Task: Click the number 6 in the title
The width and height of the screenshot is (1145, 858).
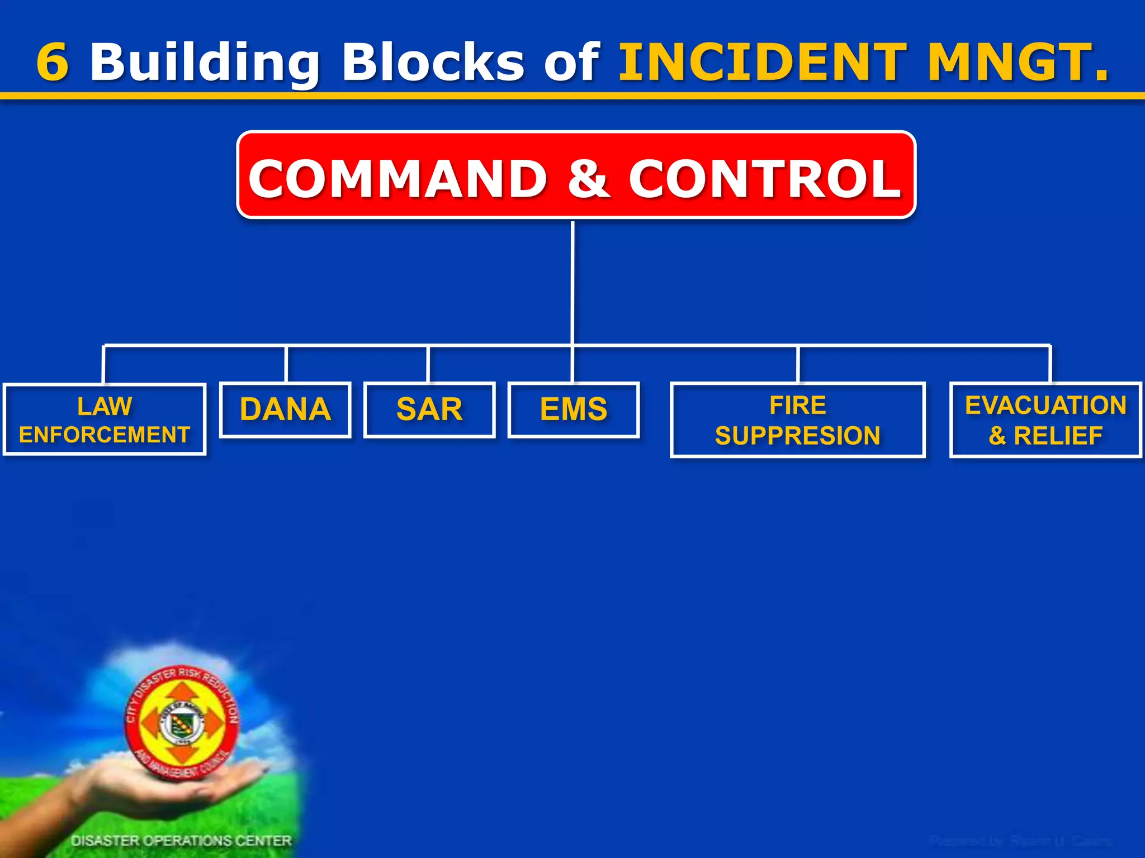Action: tap(53, 62)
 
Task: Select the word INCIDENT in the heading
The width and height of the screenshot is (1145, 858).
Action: tap(763, 62)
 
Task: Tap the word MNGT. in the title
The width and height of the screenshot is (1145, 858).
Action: tap(1018, 62)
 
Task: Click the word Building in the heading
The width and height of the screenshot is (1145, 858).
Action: tap(205, 63)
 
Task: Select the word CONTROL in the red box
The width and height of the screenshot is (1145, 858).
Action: tap(765, 178)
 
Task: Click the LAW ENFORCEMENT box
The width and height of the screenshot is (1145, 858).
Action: tap(105, 420)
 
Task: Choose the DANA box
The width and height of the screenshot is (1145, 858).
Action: tap(285, 409)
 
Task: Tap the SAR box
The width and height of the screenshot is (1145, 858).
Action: tap(429, 409)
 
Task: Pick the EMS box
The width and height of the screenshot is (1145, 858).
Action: tap(574, 409)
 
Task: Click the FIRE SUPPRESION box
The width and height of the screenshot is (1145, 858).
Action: tap(797, 420)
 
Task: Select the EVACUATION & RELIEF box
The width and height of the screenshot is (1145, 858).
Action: tap(1045, 420)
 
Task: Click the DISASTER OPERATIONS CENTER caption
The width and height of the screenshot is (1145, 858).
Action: tap(181, 841)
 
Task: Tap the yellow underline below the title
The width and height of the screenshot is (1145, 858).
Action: tap(572, 97)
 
